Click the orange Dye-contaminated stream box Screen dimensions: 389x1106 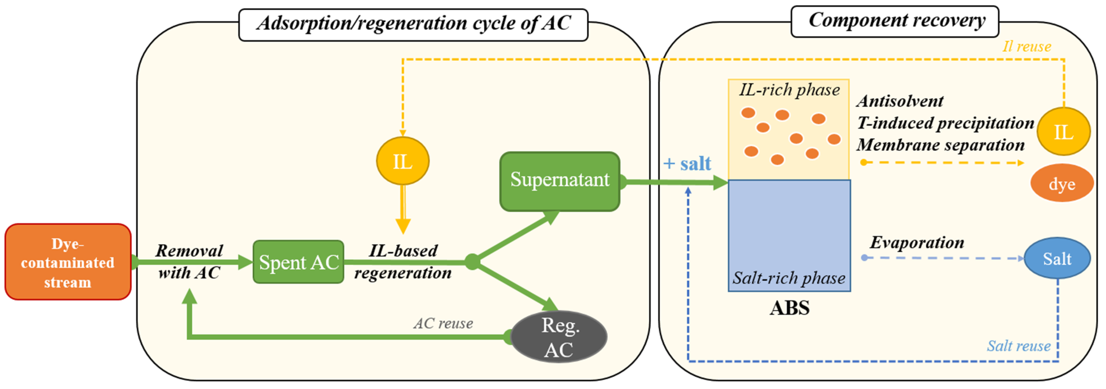tap(68, 262)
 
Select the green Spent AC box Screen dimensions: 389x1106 tap(298, 262)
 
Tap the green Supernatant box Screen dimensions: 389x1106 tap(559, 181)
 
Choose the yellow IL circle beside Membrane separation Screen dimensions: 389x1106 tap(1063, 132)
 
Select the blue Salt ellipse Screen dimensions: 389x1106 tap(1057, 259)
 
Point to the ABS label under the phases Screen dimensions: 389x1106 tap(789, 308)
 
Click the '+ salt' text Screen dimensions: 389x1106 tap(687, 163)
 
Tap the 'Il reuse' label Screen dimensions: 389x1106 tap(1027, 46)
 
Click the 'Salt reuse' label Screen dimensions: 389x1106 tap(1018, 346)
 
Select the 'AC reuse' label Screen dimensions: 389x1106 tap(443, 323)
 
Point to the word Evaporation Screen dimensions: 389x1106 tap(917, 243)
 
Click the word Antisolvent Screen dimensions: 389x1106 tap(900, 101)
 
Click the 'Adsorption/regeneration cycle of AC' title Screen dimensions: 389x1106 tap(413, 24)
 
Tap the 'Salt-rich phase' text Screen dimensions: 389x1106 tap(789, 278)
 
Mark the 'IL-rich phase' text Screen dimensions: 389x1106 tap(789, 90)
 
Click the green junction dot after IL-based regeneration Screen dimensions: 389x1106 tap(472, 262)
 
